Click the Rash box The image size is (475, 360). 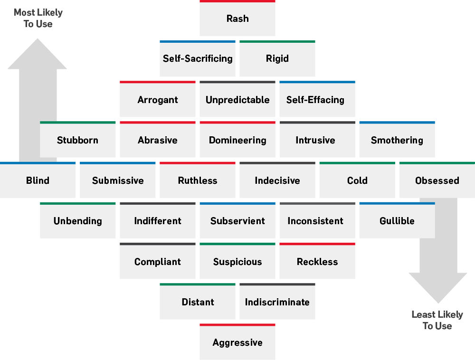pos(237,19)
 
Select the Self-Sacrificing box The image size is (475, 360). pos(198,59)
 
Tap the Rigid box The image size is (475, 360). pos(277,59)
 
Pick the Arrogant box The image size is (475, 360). pos(158,100)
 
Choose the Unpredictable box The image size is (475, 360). pos(237,100)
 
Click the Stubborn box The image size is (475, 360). pos(78,140)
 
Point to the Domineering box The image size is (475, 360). pos(237,140)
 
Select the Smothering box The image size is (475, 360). pos(397,140)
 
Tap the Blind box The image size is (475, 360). pos(38,180)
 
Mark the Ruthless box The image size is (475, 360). pos(198,180)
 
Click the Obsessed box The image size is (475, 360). pos(437,180)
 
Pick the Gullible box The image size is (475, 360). pos(397,221)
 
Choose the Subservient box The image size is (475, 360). pos(237,221)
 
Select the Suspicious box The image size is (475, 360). pos(237,262)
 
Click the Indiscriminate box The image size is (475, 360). pos(277,302)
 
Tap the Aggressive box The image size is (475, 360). pos(237,342)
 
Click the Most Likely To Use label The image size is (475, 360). pos(38,18)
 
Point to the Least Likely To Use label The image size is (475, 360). pos(437,320)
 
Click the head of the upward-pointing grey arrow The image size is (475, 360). pos(38,55)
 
